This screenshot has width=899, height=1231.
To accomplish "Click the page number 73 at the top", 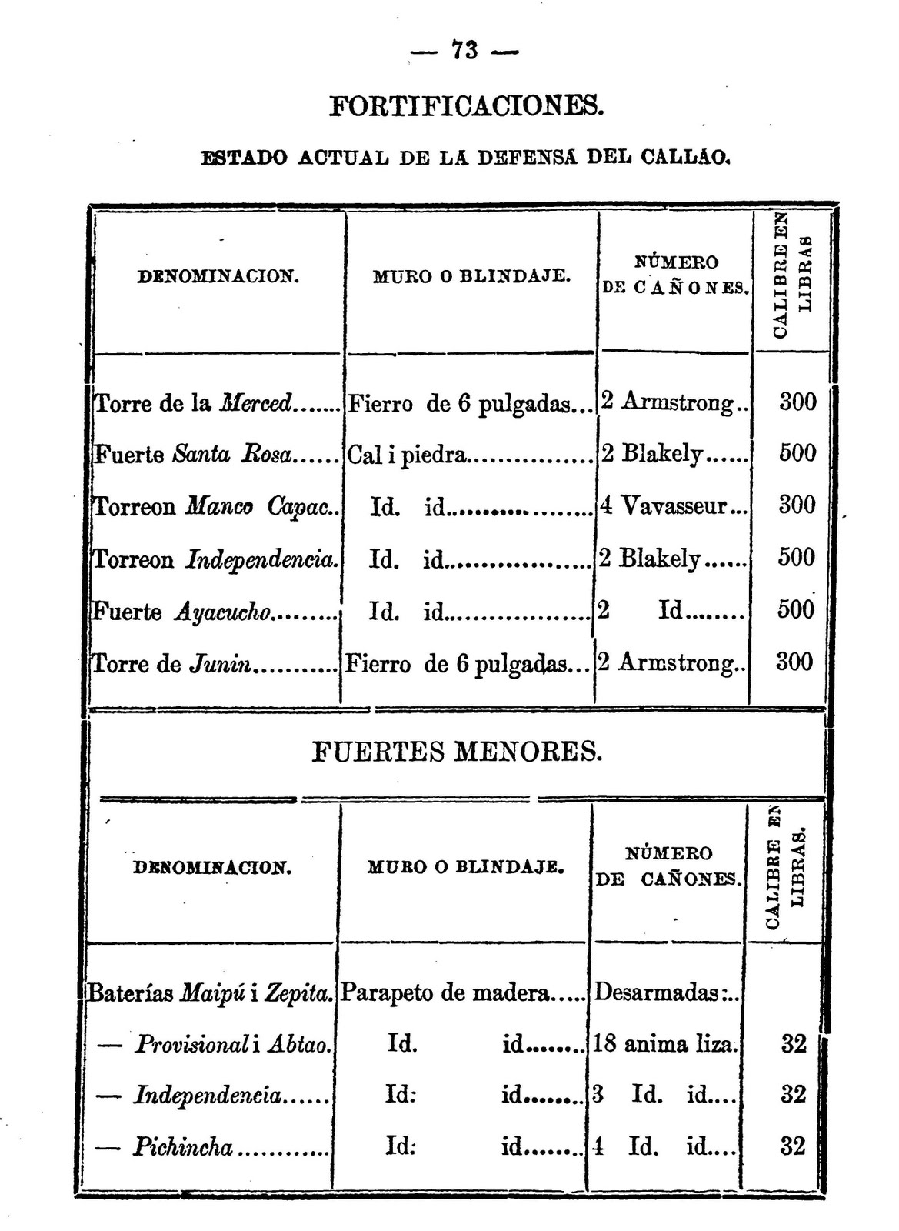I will coord(464,51).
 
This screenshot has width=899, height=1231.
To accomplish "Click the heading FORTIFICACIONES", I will coord(467,105).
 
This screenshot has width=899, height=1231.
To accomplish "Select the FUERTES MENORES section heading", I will coord(457,751).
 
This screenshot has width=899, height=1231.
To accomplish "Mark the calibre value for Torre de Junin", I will coord(794,662).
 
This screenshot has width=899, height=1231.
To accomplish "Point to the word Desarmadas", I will coord(657,992).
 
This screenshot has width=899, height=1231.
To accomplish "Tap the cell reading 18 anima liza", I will coord(664,1044).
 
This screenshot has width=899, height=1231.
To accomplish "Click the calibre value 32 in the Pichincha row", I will coord(793,1146).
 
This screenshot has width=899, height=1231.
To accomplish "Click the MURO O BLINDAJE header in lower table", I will coord(465,867).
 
